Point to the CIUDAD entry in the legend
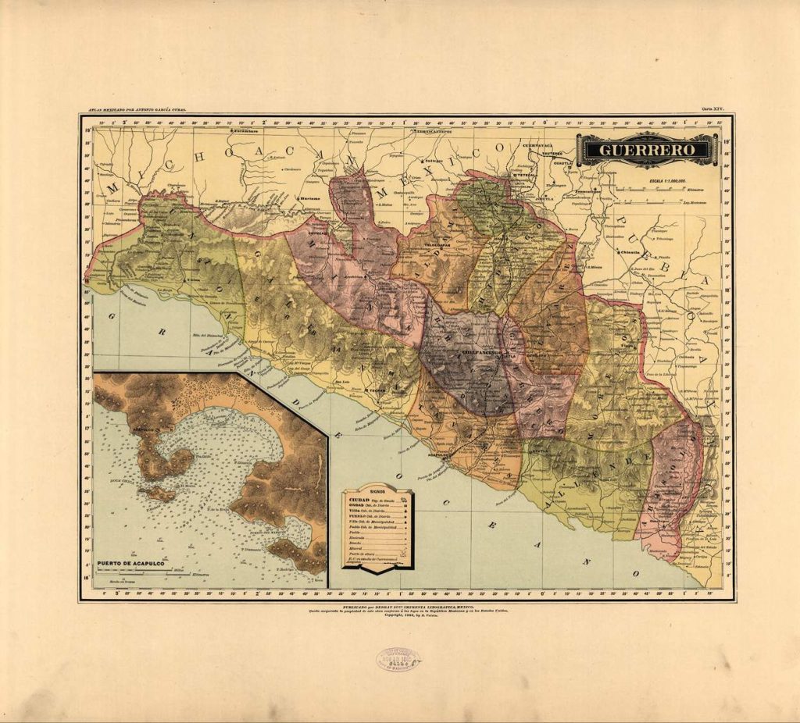tap(360, 499)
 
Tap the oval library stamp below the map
tap(398, 660)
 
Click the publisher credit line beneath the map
tap(406, 605)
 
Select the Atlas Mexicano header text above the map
tap(137, 110)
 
